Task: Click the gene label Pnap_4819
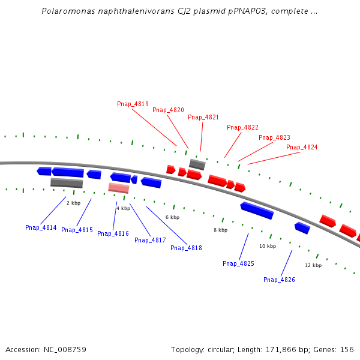pyautogui.click(x=133, y=104)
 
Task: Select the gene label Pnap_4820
pyautogui.click(x=168, y=110)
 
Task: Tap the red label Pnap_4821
pyautogui.click(x=203, y=117)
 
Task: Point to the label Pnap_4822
pyautogui.click(x=242, y=127)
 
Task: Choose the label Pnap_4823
pyautogui.click(x=274, y=137)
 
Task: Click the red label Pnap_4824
pyautogui.click(x=302, y=147)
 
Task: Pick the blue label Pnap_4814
pyautogui.click(x=41, y=227)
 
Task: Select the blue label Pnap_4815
pyautogui.click(x=77, y=230)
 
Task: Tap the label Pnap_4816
pyautogui.click(x=113, y=233)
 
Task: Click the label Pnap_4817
pyautogui.click(x=150, y=240)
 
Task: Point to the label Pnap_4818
pyautogui.click(x=186, y=248)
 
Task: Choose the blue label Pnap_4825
pyautogui.click(x=238, y=263)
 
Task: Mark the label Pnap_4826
pyautogui.click(x=279, y=280)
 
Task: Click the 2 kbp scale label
pyautogui.click(x=73, y=203)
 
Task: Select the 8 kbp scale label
pyautogui.click(x=220, y=230)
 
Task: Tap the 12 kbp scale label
pyautogui.click(x=313, y=265)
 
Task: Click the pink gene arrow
pyautogui.click(x=119, y=188)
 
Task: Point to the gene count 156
pyautogui.click(x=347, y=349)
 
